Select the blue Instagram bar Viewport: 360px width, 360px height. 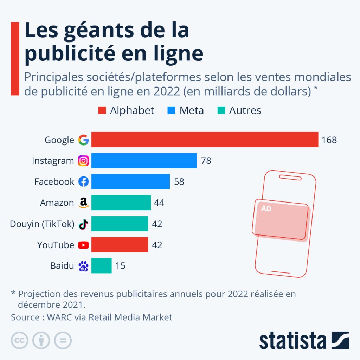click(x=144, y=161)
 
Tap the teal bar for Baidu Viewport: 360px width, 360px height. click(x=101, y=266)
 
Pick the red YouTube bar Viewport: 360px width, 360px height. click(x=120, y=245)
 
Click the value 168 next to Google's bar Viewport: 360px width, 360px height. click(x=329, y=140)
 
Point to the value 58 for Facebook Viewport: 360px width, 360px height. click(x=179, y=182)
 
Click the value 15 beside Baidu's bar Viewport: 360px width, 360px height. click(x=120, y=266)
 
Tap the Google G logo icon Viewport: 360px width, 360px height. click(x=83, y=140)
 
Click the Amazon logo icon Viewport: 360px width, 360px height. click(x=83, y=203)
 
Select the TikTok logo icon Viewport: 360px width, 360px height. click(x=83, y=224)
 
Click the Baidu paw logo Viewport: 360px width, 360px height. click(x=83, y=266)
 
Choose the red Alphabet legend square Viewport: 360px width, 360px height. click(x=102, y=110)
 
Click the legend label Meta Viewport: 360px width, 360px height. click(x=192, y=110)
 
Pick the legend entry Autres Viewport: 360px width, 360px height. click(x=245, y=110)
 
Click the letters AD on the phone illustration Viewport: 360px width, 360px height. click(x=266, y=208)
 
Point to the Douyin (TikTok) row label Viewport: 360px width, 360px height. click(x=42, y=224)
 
